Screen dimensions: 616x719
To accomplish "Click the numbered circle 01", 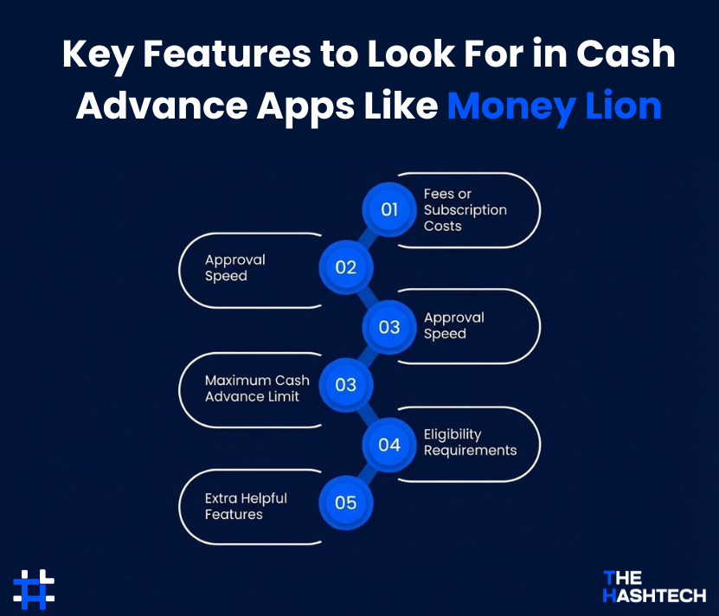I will coord(389,209).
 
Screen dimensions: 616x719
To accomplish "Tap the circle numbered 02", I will coord(345,267).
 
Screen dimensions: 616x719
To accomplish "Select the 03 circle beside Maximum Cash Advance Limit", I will coord(345,385).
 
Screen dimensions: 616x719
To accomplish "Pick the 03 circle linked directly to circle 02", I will coord(389,326).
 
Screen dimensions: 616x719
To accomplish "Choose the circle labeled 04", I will coord(389,445).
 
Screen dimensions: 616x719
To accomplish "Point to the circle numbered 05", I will coord(345,503).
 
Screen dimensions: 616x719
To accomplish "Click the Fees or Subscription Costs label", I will coord(465,210).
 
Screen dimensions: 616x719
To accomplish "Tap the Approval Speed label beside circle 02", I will coord(234,268).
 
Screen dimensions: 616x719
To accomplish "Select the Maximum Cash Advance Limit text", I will coord(256,388).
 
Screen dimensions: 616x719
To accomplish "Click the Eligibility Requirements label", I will coord(470,442).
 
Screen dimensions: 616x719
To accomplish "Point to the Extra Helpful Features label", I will coord(245,506).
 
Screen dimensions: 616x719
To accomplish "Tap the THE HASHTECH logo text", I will coord(653,586).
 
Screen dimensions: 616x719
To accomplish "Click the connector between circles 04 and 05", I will coord(368,474).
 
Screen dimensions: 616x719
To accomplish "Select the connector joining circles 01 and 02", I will coord(368,239).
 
